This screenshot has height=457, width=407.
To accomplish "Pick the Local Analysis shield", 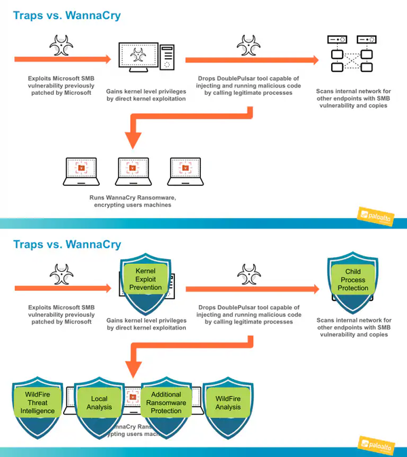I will [98, 406].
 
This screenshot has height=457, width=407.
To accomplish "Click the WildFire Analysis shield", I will [228, 405].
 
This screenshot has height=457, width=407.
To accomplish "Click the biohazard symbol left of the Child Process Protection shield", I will [248, 275].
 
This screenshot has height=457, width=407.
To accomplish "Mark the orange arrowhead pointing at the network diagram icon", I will [313, 59].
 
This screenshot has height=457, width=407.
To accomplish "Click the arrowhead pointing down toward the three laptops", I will [133, 139].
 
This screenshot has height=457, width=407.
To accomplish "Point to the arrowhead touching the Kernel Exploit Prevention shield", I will [115, 289].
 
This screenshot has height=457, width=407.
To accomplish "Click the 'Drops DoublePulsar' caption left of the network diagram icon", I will [248, 85].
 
